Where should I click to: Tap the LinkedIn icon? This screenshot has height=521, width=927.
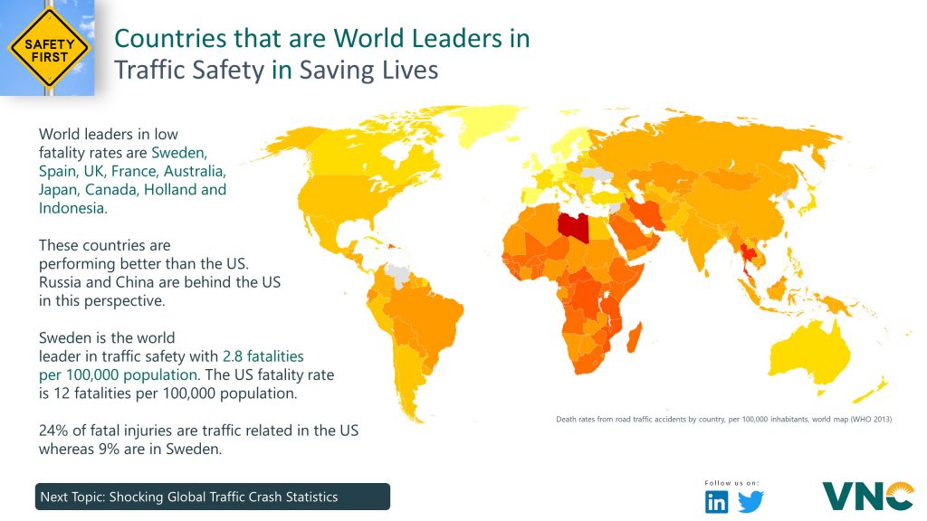(716, 502)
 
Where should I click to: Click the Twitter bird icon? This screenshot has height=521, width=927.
(751, 502)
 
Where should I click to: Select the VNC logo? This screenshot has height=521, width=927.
(867, 496)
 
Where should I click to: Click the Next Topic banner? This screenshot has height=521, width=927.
(214, 497)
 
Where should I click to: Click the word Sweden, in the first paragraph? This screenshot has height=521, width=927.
(179, 152)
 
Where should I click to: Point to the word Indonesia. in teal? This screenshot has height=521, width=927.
(72, 207)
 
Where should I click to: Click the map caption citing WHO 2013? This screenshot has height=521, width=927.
(723, 419)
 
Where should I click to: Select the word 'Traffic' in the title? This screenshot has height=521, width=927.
(148, 70)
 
